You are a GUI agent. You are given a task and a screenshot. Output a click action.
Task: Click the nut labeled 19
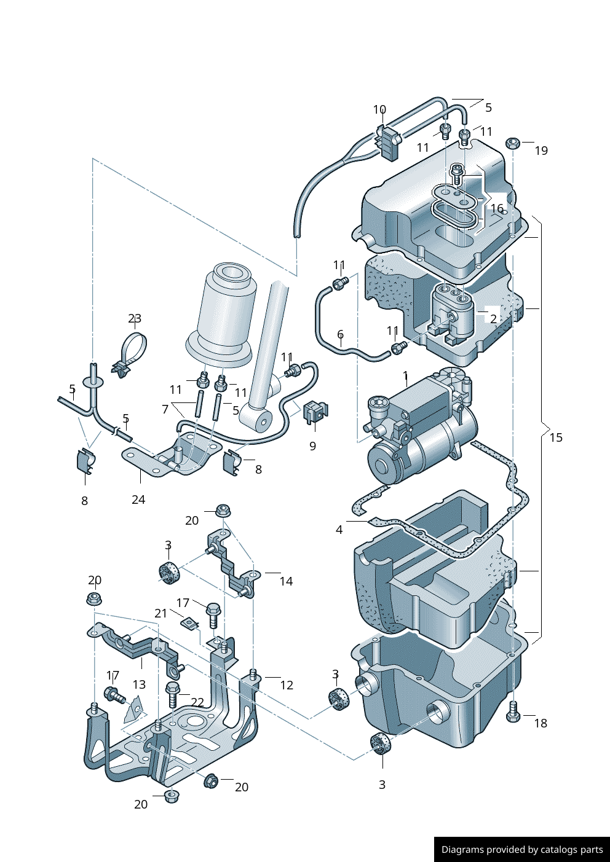point(513,144)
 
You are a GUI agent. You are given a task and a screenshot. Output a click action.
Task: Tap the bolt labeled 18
point(513,712)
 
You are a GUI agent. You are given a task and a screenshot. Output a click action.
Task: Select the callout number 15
point(556,437)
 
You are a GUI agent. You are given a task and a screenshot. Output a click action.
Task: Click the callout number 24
point(138,500)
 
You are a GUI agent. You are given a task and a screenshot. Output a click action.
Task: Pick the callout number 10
point(379,110)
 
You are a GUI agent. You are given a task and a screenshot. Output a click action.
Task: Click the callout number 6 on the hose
point(340,334)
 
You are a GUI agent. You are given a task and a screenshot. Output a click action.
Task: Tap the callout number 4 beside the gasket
point(339,530)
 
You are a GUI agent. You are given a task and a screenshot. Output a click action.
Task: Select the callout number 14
point(286,581)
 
